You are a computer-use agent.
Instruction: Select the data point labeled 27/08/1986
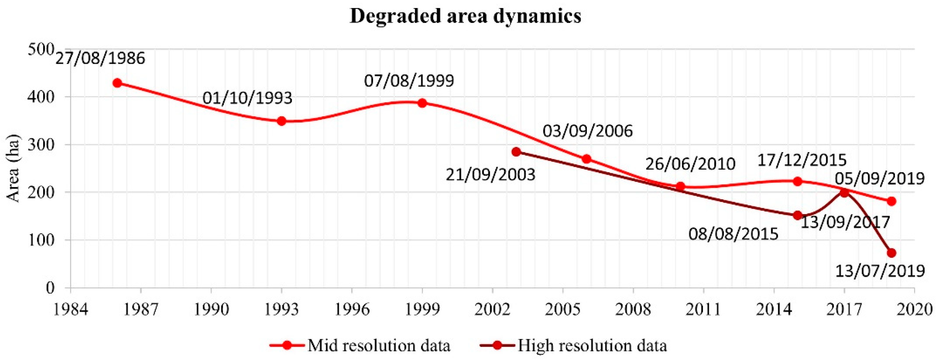point(117,83)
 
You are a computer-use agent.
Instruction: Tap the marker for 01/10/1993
point(281,121)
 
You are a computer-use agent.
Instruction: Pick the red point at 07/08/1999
point(422,103)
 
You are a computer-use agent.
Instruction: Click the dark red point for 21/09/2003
point(516,152)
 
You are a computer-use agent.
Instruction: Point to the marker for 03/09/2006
point(587,159)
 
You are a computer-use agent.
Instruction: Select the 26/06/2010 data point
point(680,186)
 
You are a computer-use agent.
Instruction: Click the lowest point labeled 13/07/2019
point(892,253)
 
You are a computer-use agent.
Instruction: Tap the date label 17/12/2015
point(802,160)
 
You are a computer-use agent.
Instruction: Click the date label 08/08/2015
point(734,234)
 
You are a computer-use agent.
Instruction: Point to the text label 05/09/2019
point(880,178)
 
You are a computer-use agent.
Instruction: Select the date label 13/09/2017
point(845,222)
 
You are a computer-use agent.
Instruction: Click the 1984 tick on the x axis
point(71,309)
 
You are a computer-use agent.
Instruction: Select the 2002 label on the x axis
point(492,309)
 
